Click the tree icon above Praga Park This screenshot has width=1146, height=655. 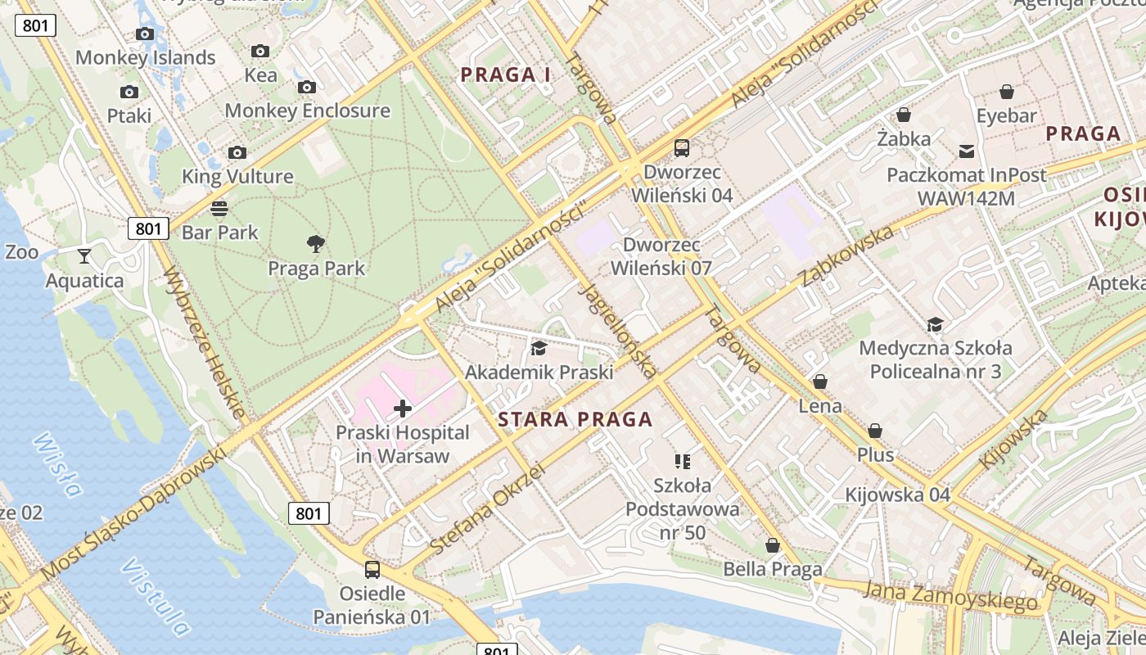click(x=316, y=243)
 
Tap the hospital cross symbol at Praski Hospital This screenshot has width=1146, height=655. click(x=403, y=408)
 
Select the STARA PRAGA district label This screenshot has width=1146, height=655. click(x=575, y=420)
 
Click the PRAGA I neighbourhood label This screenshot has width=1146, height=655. click(x=505, y=75)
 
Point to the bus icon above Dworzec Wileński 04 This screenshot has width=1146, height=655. click(x=682, y=148)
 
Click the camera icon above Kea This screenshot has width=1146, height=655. click(x=260, y=52)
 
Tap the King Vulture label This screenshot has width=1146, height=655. click(x=237, y=176)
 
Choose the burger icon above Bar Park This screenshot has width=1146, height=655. click(x=219, y=208)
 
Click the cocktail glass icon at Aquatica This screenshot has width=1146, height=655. click(x=84, y=256)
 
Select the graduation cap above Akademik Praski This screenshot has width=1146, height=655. click(x=539, y=348)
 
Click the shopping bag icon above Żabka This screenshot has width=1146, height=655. click(x=904, y=115)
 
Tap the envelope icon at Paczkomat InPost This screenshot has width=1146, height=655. click(x=967, y=151)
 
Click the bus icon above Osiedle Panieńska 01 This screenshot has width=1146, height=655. click(x=372, y=569)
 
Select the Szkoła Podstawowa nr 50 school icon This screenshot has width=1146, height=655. click(x=682, y=462)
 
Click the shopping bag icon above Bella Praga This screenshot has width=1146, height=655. click(x=772, y=545)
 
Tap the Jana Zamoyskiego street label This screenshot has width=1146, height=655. click(x=950, y=597)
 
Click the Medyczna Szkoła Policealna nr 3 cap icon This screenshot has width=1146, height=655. click(x=935, y=325)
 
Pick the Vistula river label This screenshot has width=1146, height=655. click(x=155, y=598)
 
